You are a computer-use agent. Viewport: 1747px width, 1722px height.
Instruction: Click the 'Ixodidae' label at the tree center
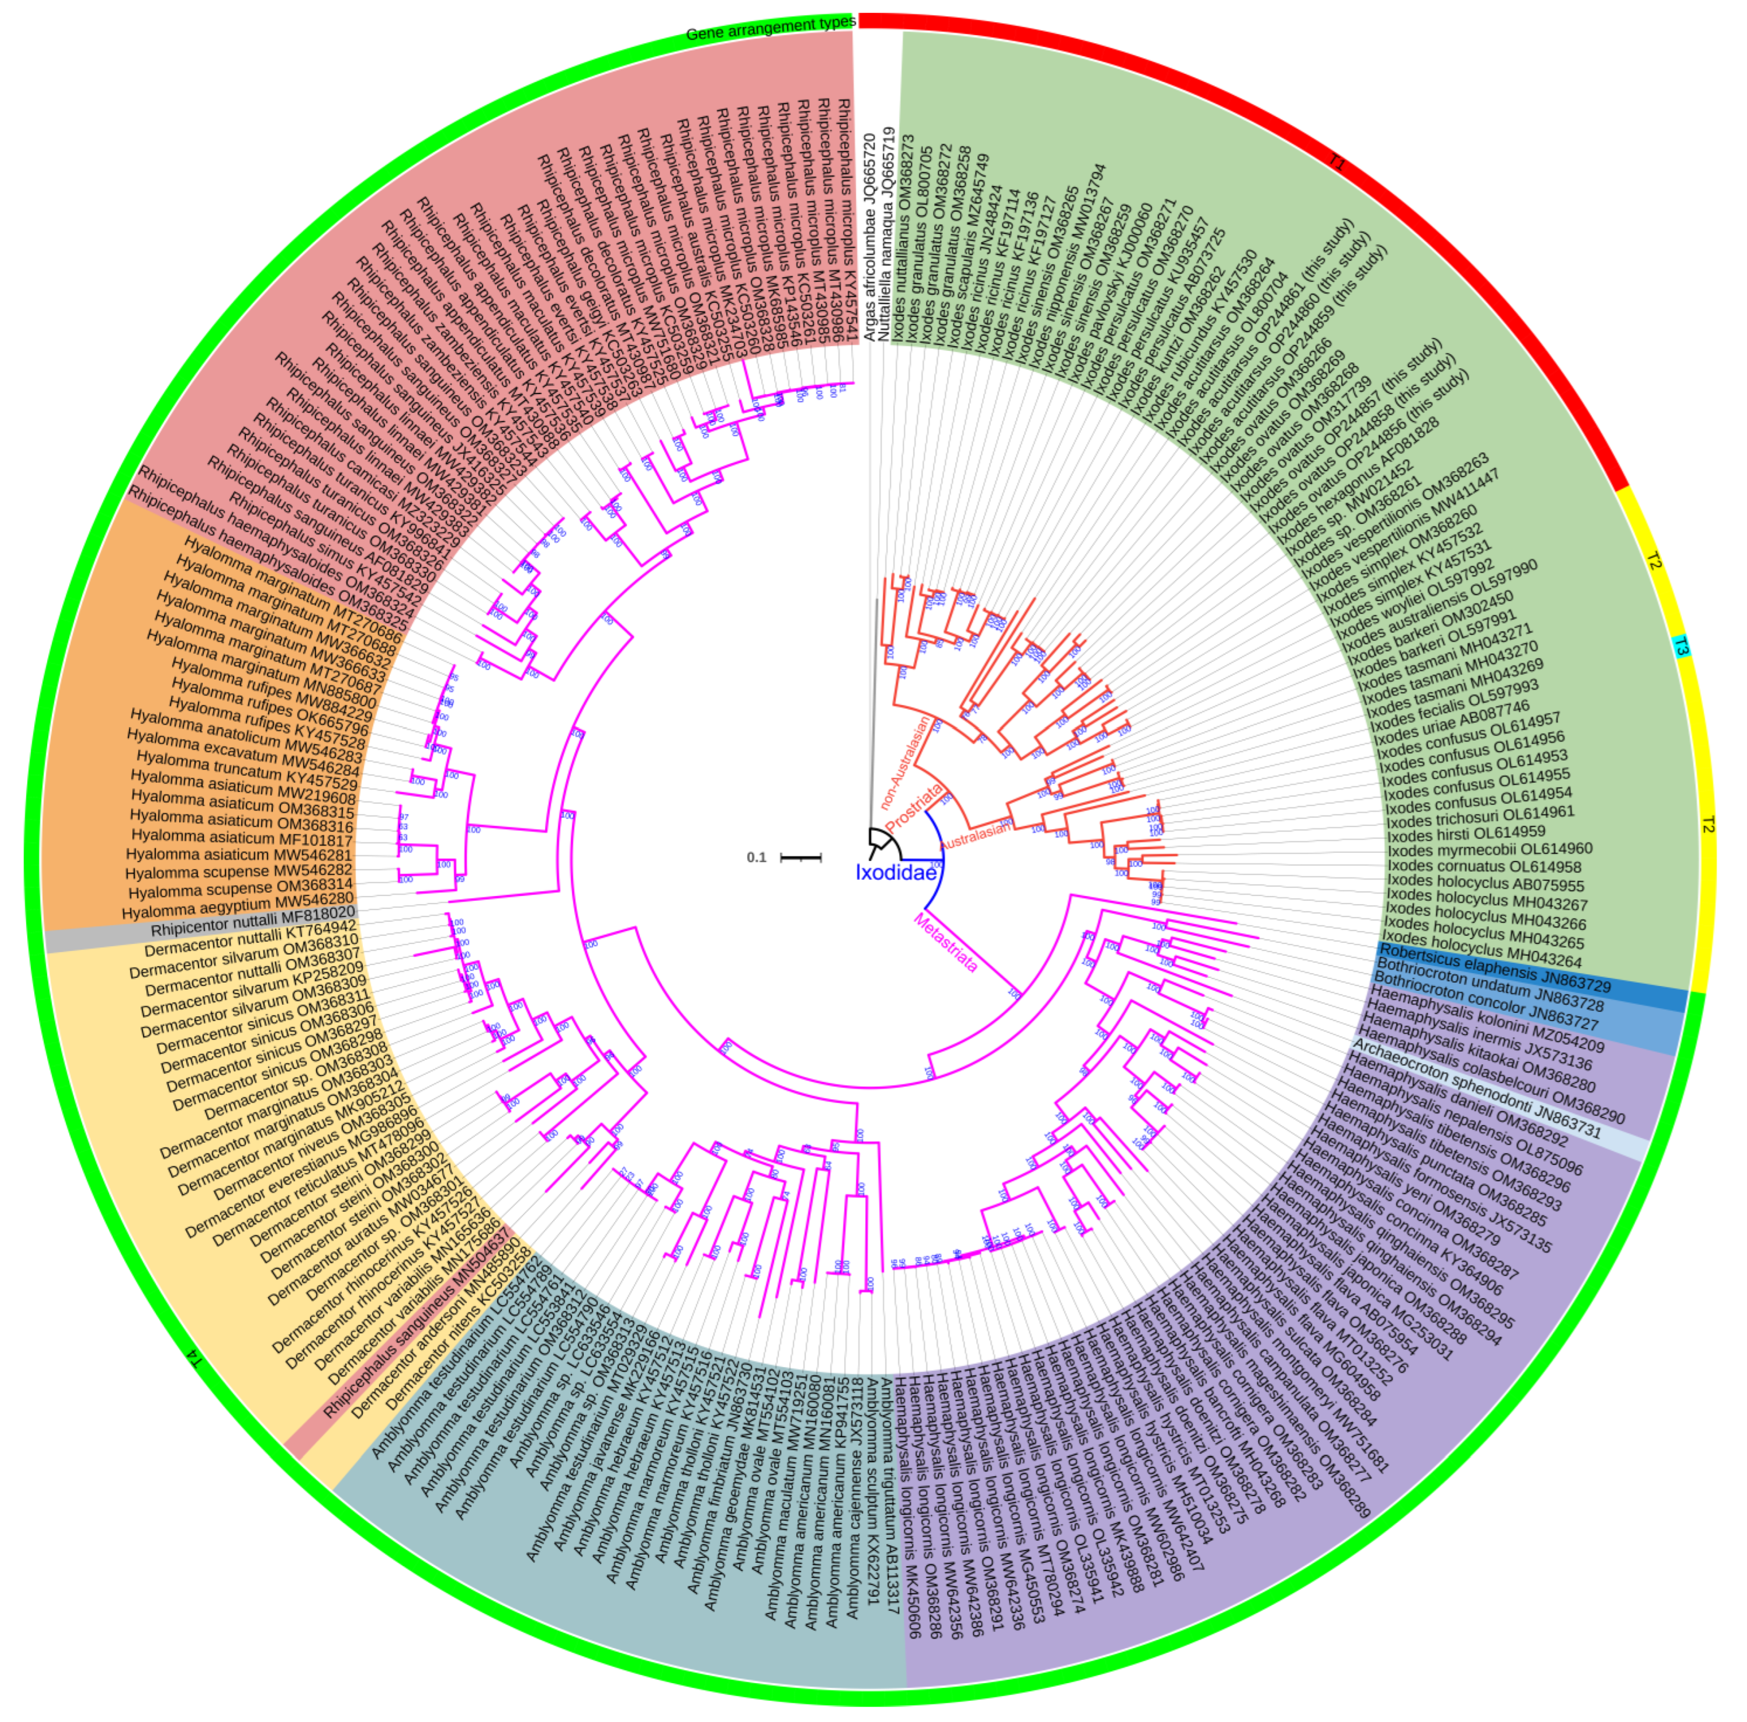[895, 873]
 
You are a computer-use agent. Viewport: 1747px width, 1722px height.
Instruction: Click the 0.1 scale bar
[800, 857]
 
